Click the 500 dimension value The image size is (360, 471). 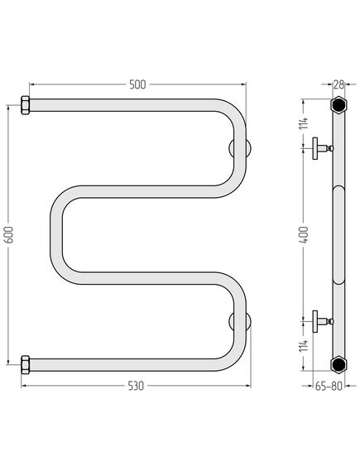[x=137, y=84]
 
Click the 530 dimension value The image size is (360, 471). [x=136, y=386]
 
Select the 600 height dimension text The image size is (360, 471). [x=10, y=234]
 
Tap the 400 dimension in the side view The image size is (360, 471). [x=305, y=234]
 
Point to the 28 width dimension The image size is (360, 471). [x=338, y=84]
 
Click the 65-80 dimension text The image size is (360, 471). [x=329, y=387]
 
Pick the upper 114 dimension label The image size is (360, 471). [x=305, y=123]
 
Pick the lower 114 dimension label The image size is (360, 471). [x=305, y=346]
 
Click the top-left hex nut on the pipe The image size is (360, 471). [x=25, y=105]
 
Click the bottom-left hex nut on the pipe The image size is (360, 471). [x=25, y=365]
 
